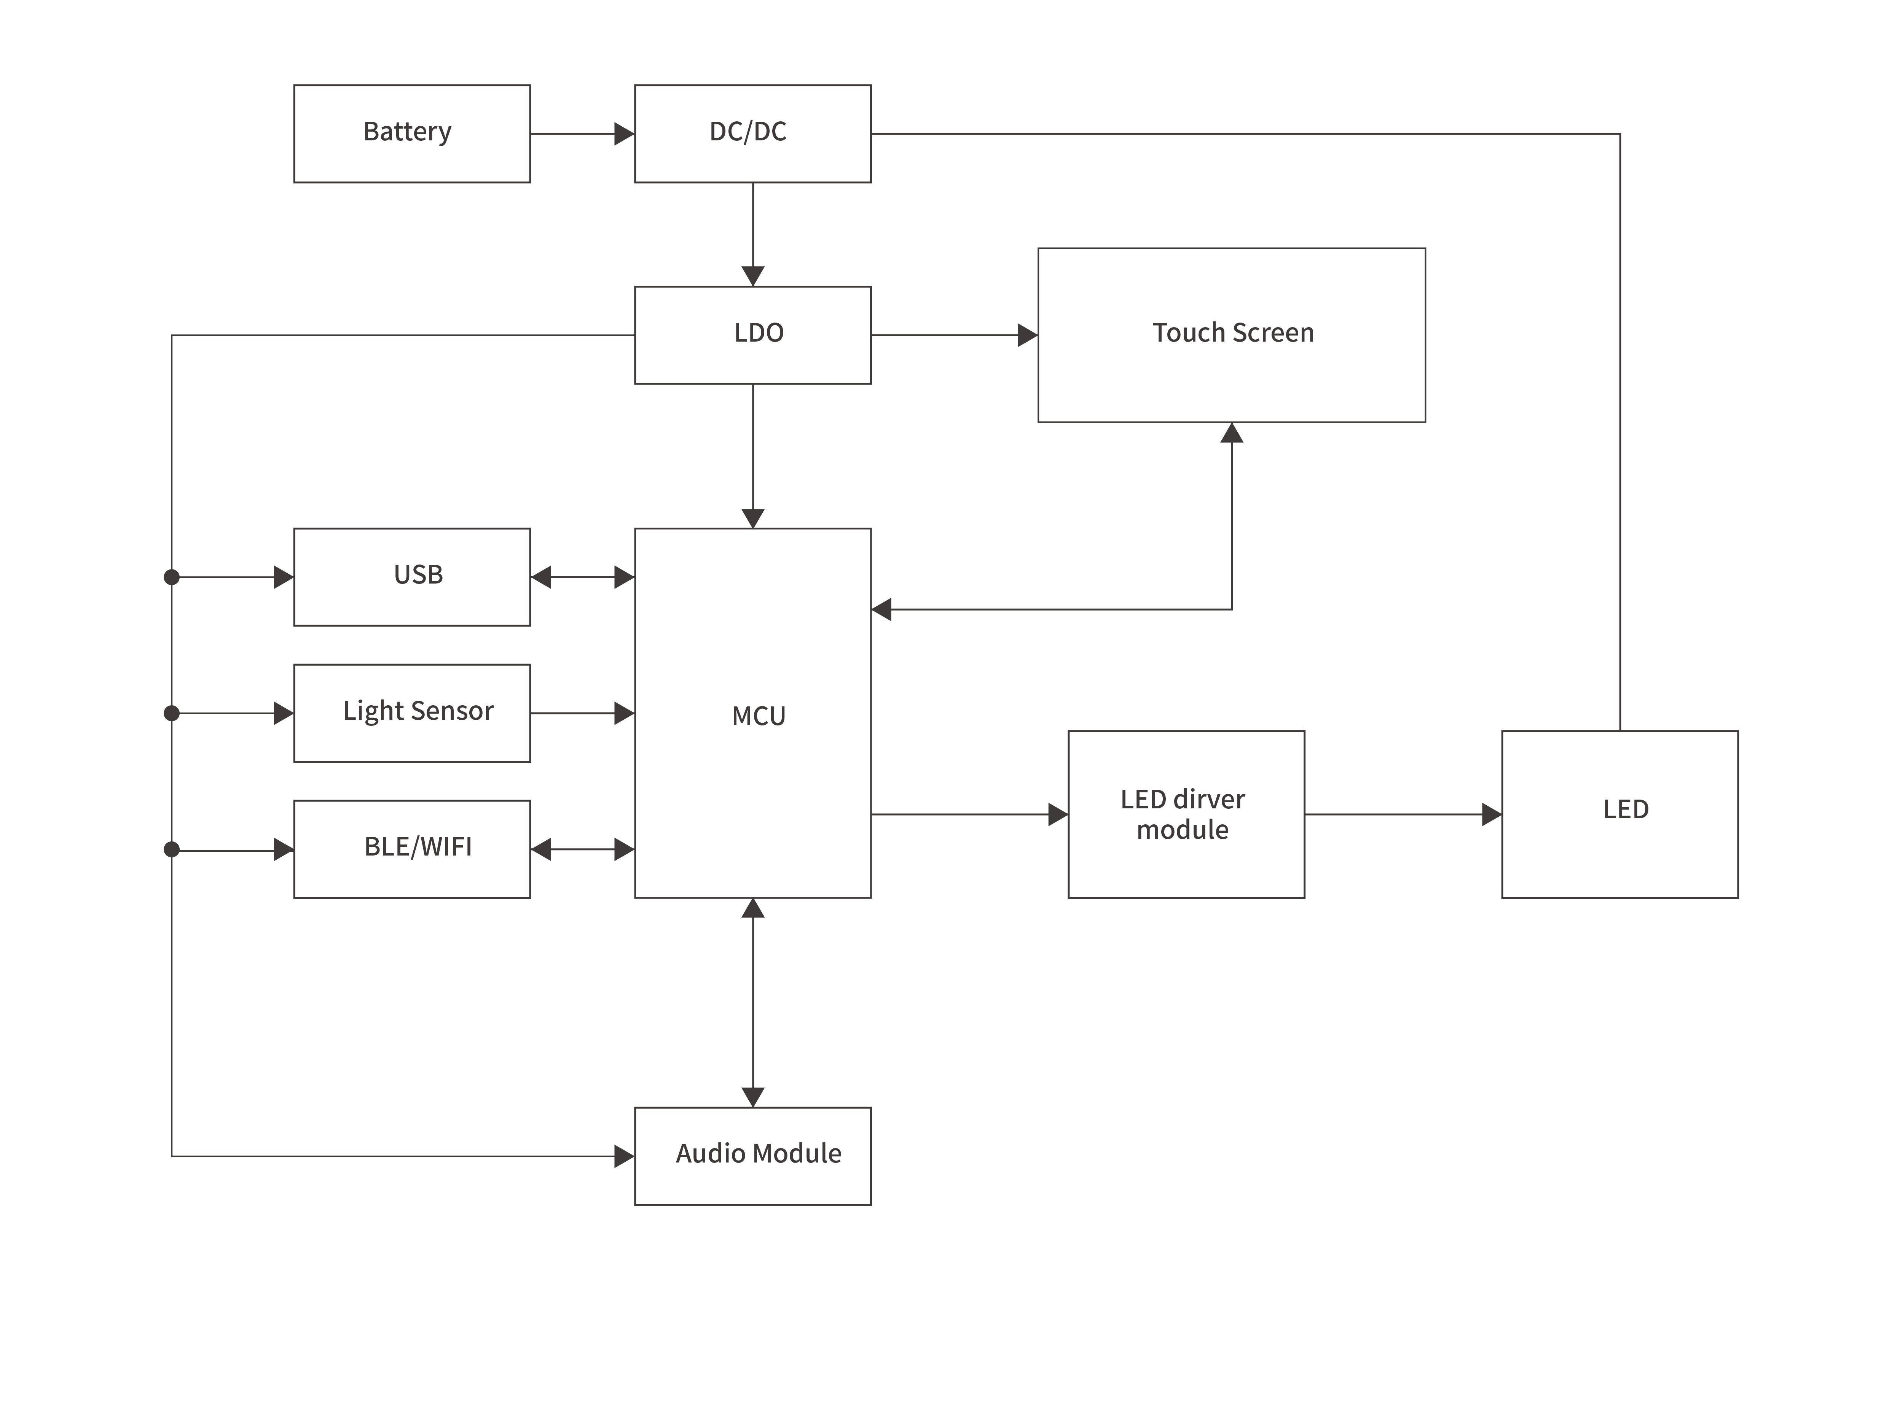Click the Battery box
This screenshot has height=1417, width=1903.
tap(412, 134)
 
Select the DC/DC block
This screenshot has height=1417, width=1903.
tap(752, 134)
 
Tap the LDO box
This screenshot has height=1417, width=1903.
tap(752, 334)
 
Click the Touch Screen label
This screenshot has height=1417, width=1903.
tap(1232, 333)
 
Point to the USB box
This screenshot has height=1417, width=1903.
tap(412, 576)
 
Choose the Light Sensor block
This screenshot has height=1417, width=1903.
tap(412, 713)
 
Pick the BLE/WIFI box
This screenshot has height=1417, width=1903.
tap(412, 849)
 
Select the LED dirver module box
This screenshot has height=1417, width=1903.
tap(1186, 814)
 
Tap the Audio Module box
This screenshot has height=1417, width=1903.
tap(752, 1155)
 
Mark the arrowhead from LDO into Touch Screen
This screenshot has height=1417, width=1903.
tap(1027, 334)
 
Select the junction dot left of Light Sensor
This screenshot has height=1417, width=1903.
tap(172, 713)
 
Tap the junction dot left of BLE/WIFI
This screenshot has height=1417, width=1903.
tap(172, 849)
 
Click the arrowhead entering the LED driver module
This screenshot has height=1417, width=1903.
tap(1058, 814)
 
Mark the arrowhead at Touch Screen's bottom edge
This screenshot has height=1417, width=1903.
tap(1232, 433)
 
